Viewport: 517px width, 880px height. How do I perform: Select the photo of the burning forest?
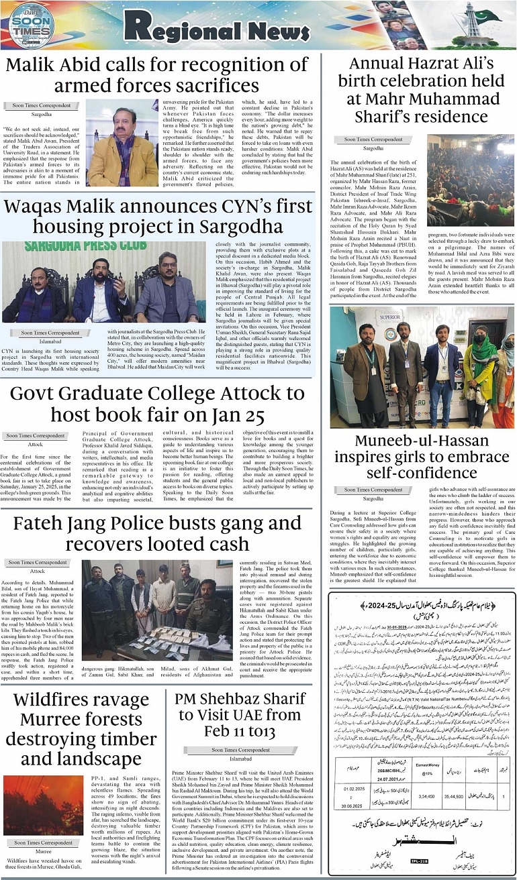pos(43,805)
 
